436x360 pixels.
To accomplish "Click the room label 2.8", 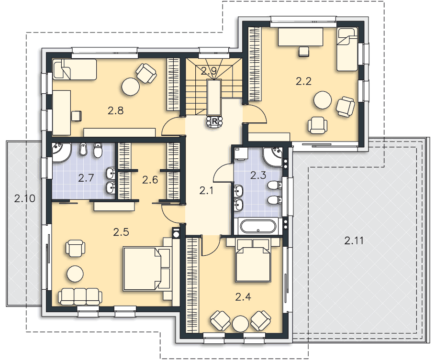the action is coord(116,111).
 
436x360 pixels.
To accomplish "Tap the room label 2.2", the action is coord(303,81).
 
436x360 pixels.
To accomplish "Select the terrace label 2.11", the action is coord(354,240).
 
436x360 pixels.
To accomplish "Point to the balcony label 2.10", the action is coord(25,198).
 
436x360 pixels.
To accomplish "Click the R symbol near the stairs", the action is coord(214,121).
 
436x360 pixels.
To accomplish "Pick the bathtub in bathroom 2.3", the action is coord(258,226).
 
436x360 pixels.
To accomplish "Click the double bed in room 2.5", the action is coord(146,269).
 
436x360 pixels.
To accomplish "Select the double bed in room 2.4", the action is coord(253,260).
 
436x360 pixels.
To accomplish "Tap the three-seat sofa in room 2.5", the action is coord(80,297).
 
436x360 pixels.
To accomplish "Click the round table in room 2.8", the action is coord(131,87).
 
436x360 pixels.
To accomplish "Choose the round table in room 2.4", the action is coord(241,324).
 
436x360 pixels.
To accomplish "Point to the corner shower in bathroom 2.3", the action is coord(272,156).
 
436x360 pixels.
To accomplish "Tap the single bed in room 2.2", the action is coord(347,49).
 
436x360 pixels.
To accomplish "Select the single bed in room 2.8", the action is coord(75,69).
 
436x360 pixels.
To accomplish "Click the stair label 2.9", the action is coord(209,71).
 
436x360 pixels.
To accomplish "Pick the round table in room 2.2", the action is coord(323,100).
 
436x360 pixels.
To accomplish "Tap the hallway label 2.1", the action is coord(206,191).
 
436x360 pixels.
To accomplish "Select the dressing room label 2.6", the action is coord(150,180).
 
